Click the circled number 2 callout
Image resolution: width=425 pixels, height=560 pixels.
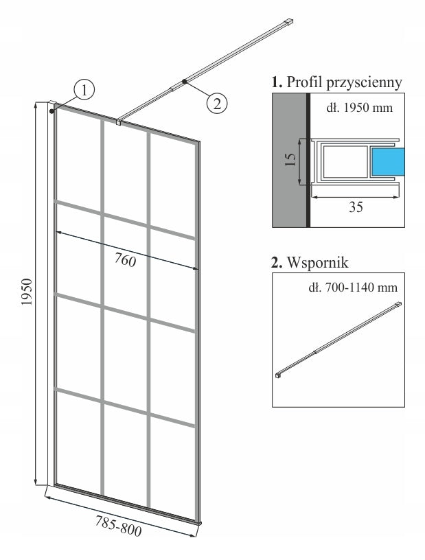tap(216, 103)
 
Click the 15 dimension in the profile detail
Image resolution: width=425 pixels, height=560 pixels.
tap(290, 160)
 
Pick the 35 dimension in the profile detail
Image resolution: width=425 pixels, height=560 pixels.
tap(355, 207)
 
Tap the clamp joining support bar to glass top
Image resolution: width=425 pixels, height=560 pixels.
tap(119, 122)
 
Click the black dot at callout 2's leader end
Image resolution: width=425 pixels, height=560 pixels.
tap(183, 82)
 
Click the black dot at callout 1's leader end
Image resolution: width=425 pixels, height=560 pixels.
tap(51, 110)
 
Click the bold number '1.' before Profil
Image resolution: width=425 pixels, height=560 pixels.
tap(277, 82)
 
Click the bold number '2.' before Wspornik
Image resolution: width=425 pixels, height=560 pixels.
tap(277, 262)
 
